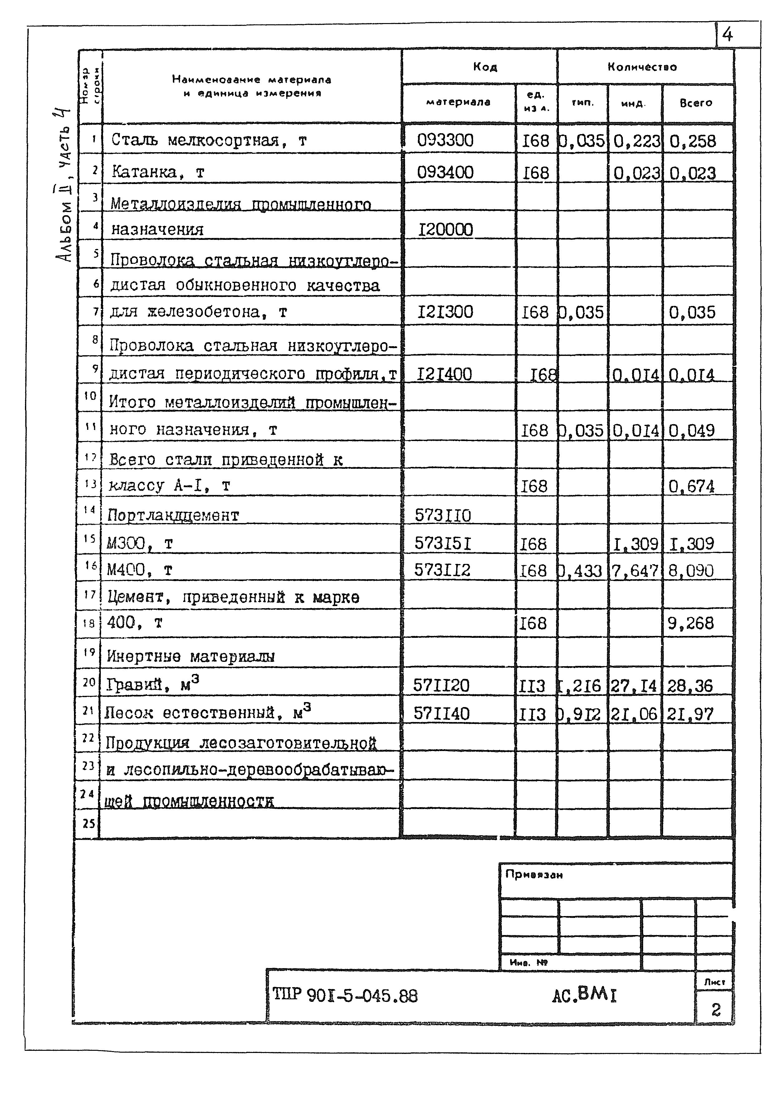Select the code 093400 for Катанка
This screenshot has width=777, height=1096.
click(445, 172)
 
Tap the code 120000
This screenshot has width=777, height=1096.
click(445, 230)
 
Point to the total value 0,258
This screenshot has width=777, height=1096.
click(692, 141)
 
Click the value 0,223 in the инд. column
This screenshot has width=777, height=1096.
click(636, 141)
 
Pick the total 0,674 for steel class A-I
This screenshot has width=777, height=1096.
click(691, 486)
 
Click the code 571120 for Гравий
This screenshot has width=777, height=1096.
click(441, 685)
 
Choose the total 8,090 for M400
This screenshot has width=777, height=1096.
click(690, 570)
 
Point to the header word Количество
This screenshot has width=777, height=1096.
click(642, 67)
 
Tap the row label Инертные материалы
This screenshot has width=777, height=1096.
click(190, 656)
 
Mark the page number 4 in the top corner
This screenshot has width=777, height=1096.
click(727, 34)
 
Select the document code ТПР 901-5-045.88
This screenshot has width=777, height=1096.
click(345, 996)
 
